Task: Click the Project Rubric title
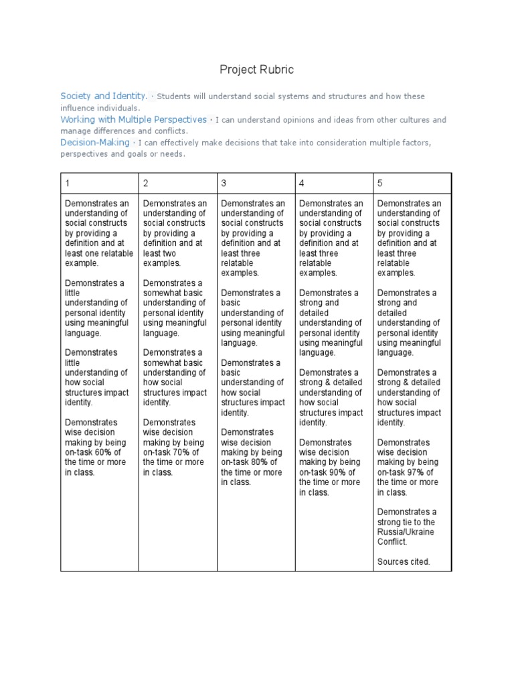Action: click(x=257, y=70)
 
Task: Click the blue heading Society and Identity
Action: click(x=104, y=96)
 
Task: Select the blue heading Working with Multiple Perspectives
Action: click(x=133, y=119)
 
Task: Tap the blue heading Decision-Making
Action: click(x=96, y=143)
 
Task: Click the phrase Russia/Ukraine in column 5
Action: click(x=406, y=532)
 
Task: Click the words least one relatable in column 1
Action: click(x=99, y=253)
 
